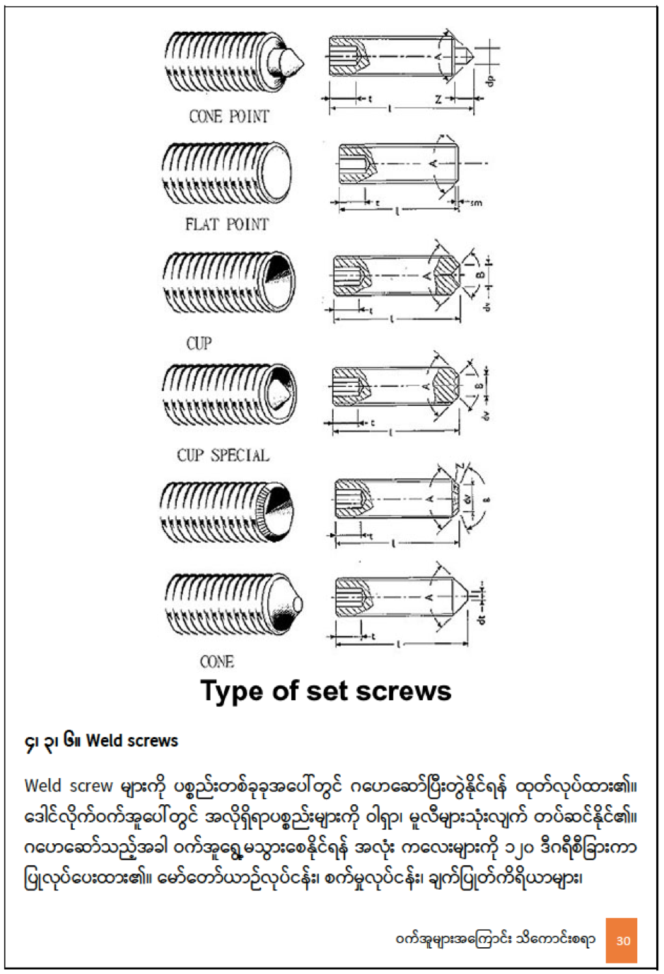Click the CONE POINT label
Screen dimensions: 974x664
click(x=228, y=116)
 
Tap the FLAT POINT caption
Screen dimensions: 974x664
click(x=227, y=224)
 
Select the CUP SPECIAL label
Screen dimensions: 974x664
click(x=223, y=455)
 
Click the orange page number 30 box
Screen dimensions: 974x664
click(x=622, y=940)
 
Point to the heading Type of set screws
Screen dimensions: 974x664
click(x=325, y=691)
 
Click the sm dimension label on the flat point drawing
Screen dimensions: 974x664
click(x=475, y=203)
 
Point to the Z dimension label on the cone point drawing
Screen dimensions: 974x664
click(x=438, y=100)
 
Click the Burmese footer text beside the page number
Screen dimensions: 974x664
click(x=495, y=939)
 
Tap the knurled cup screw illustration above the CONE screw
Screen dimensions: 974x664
click(x=228, y=511)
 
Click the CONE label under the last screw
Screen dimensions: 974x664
click(x=216, y=662)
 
